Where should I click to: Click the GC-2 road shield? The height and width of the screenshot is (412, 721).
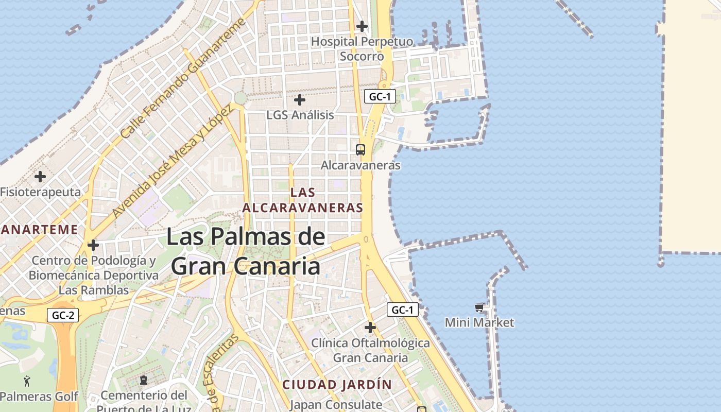[x=63, y=315]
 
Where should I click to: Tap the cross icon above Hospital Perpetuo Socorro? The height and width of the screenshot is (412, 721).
[x=362, y=26]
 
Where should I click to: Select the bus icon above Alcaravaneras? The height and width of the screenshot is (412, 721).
[x=360, y=150]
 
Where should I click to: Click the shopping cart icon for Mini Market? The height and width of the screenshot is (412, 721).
[x=479, y=307]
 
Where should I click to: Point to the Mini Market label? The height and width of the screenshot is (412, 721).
[x=479, y=323]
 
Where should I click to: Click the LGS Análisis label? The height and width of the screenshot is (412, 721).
[x=300, y=115]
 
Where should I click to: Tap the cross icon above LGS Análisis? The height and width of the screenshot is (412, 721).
[x=299, y=100]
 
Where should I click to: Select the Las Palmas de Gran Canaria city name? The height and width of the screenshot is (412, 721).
[x=246, y=252]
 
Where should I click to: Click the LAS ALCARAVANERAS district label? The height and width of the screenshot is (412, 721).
[x=303, y=200]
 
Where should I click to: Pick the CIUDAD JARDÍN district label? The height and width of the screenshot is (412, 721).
[x=337, y=384]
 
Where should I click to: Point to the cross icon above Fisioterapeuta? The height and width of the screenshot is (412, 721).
[x=40, y=177]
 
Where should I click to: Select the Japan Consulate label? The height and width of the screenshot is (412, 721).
[x=336, y=405]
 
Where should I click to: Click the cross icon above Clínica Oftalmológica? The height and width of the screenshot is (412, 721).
[x=370, y=327]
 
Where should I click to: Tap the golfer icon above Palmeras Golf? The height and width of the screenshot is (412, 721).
[x=27, y=382]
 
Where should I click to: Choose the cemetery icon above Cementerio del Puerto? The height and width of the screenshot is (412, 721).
[x=144, y=381]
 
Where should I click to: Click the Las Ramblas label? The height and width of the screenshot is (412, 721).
[x=94, y=290]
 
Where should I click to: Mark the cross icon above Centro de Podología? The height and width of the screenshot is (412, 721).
[x=93, y=245]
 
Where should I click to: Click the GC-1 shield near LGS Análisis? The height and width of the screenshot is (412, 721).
[x=380, y=96]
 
